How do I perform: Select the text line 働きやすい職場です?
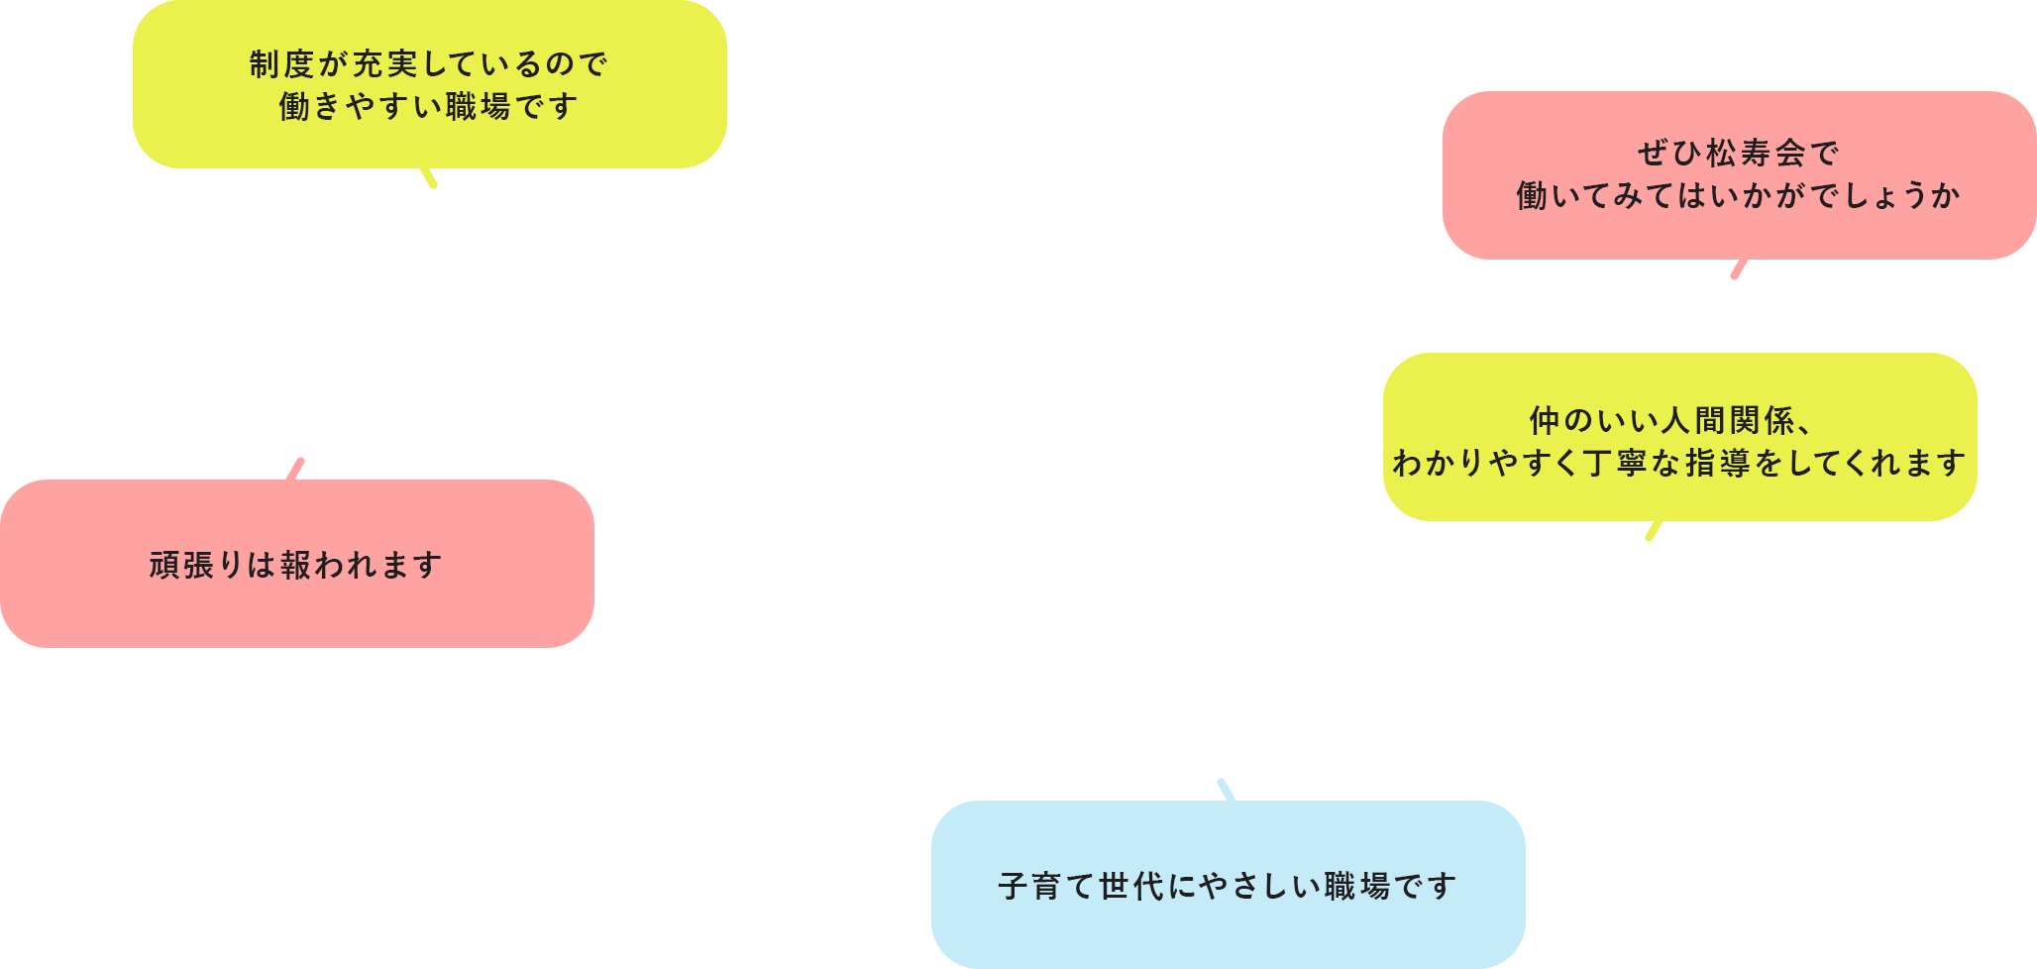click(x=429, y=106)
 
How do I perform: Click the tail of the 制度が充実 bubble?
click(x=429, y=177)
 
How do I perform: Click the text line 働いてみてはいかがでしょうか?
click(x=1739, y=196)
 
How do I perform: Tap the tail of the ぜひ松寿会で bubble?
click(x=1739, y=269)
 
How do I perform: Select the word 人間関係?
click(x=1728, y=421)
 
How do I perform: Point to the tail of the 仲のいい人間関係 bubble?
click(x=1654, y=530)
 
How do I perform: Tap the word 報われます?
click(x=362, y=566)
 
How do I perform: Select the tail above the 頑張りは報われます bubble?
click(x=295, y=470)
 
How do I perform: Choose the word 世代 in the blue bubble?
click(x=1131, y=887)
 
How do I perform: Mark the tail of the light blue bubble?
click(x=1227, y=791)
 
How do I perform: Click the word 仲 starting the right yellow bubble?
click(x=1545, y=421)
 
